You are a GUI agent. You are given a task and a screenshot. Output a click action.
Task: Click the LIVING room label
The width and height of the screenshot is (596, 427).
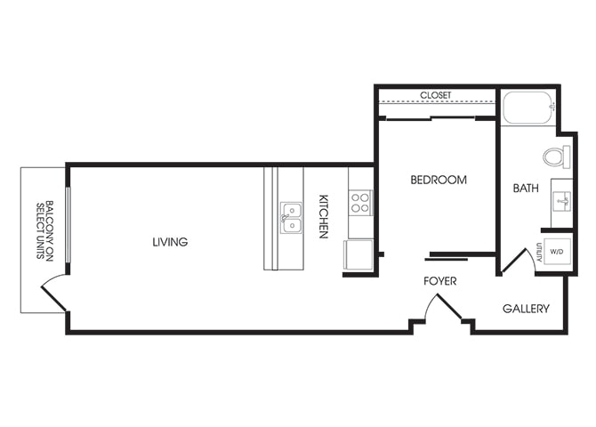(x=170, y=242)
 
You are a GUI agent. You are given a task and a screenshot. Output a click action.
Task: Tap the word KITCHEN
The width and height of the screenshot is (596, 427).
(x=323, y=216)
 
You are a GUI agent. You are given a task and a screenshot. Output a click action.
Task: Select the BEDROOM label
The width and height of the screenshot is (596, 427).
(x=439, y=180)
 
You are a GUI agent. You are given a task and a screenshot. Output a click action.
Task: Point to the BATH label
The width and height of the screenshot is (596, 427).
(x=526, y=188)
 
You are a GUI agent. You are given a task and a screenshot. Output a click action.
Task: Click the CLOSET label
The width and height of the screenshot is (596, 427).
(x=436, y=95)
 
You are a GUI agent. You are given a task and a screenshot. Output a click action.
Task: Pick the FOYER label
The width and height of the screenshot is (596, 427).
(x=440, y=281)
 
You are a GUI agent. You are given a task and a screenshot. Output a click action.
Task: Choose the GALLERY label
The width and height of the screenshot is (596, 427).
(x=526, y=309)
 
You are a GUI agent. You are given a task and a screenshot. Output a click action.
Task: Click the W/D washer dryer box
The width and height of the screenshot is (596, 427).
(x=557, y=252)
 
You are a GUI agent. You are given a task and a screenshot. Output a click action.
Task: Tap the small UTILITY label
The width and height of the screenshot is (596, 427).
(x=539, y=252)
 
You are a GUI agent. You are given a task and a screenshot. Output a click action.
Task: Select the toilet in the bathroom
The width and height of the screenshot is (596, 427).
(x=557, y=157)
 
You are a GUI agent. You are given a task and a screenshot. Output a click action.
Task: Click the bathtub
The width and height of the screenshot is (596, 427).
(x=528, y=108)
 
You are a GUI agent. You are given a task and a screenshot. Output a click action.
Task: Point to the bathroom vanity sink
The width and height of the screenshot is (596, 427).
(x=562, y=201)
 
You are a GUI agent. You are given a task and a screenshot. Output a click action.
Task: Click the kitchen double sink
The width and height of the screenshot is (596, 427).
(x=291, y=218)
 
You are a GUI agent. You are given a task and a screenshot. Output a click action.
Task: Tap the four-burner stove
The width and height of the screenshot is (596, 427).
(x=360, y=203)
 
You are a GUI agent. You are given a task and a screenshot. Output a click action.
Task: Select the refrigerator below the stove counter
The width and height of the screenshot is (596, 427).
(x=358, y=254)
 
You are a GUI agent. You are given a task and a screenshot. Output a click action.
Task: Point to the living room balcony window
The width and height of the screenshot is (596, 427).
(x=68, y=224)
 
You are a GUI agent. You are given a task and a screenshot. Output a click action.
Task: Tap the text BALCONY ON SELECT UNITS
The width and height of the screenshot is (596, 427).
(x=44, y=230)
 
